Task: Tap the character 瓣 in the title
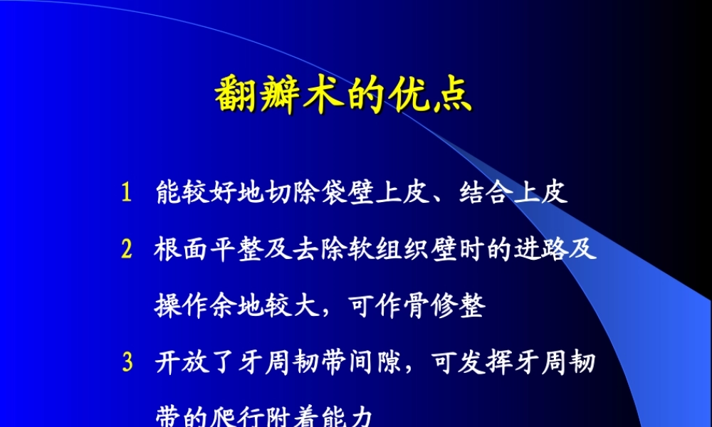pyautogui.click(x=281, y=94)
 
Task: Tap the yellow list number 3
pyautogui.click(x=127, y=363)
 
